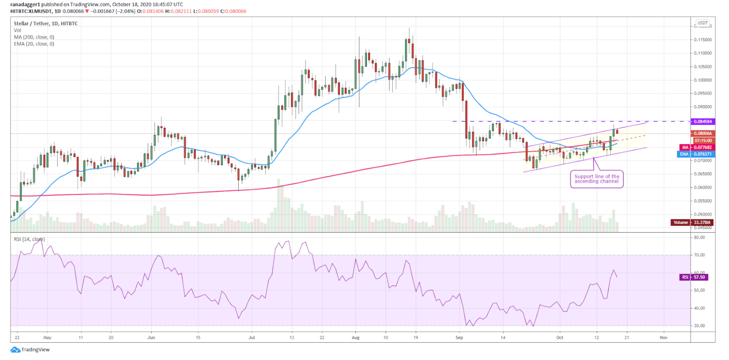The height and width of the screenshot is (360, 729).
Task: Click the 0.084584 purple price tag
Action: [x=702, y=121]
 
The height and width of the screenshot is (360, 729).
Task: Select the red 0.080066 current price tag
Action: [x=702, y=133]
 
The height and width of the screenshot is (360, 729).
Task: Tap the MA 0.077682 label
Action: [x=697, y=147]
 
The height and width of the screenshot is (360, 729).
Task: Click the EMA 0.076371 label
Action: [x=696, y=154]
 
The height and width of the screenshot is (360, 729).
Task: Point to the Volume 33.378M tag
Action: [x=692, y=222]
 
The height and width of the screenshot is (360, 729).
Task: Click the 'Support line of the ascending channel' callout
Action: [x=596, y=179]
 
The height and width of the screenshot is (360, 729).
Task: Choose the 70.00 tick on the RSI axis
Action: [x=699, y=255]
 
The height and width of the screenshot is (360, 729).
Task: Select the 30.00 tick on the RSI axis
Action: [x=699, y=326]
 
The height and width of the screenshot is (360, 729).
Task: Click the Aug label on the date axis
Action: [x=355, y=337]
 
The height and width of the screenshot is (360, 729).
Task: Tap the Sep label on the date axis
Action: [x=459, y=337]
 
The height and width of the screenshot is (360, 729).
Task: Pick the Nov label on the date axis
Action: [x=663, y=337]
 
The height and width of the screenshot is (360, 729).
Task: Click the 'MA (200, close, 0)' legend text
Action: [x=34, y=37]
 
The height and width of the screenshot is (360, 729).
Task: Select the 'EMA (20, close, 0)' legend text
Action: [x=34, y=44]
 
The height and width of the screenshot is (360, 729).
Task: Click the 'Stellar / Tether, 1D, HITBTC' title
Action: [x=46, y=23]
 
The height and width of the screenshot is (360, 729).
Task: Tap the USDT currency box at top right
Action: [x=702, y=23]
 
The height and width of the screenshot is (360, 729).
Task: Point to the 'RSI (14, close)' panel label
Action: [x=29, y=239]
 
